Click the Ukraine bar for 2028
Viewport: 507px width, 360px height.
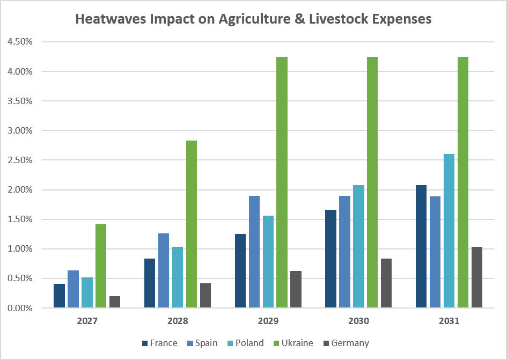[x=192, y=224]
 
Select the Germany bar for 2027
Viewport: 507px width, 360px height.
[x=115, y=302]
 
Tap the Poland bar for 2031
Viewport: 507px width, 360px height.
[x=449, y=231]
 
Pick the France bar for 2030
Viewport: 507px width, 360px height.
[x=330, y=259]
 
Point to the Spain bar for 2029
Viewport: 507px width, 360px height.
[x=254, y=252]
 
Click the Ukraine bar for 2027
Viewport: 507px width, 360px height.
[x=101, y=266]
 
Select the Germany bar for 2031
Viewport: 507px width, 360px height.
[x=477, y=277]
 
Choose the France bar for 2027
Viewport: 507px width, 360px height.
[x=59, y=296]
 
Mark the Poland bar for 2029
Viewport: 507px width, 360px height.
[x=268, y=262]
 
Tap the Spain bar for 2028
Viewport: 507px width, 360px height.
[x=164, y=270]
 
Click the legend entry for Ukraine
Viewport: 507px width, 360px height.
[x=293, y=343]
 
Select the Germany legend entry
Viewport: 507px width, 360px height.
[x=346, y=343]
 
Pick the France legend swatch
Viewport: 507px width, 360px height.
[x=145, y=343]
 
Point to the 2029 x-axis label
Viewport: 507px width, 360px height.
[x=268, y=321]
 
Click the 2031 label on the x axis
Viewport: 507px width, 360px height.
[x=449, y=321]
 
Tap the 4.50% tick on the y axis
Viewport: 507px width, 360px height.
[x=20, y=41]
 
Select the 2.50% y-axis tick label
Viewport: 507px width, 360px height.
[x=20, y=160]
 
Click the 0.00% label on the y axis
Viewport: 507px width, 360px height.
[x=20, y=308]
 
